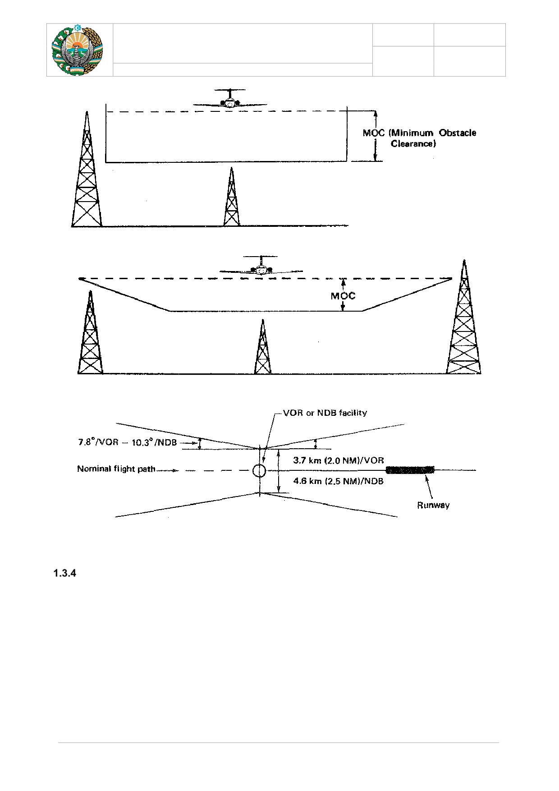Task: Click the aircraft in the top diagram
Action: click(230, 99)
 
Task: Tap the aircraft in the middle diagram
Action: click(261, 266)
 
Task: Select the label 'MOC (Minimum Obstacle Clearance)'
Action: click(419, 138)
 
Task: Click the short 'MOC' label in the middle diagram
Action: click(343, 296)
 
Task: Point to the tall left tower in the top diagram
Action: click(87, 169)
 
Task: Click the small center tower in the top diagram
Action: click(231, 197)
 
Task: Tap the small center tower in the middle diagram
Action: click(263, 347)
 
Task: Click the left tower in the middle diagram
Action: click(91, 332)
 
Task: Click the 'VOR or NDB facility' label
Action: click(325, 413)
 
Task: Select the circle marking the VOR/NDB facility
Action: click(259, 471)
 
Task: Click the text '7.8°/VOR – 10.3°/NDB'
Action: click(127, 442)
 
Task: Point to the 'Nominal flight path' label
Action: click(116, 469)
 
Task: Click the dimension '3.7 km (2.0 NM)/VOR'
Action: click(338, 460)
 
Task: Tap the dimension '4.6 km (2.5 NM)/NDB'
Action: click(338, 481)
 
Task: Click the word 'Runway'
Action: click(433, 505)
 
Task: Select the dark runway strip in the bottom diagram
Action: click(410, 470)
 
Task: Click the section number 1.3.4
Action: click(65, 574)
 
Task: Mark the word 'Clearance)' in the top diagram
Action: click(413, 144)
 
